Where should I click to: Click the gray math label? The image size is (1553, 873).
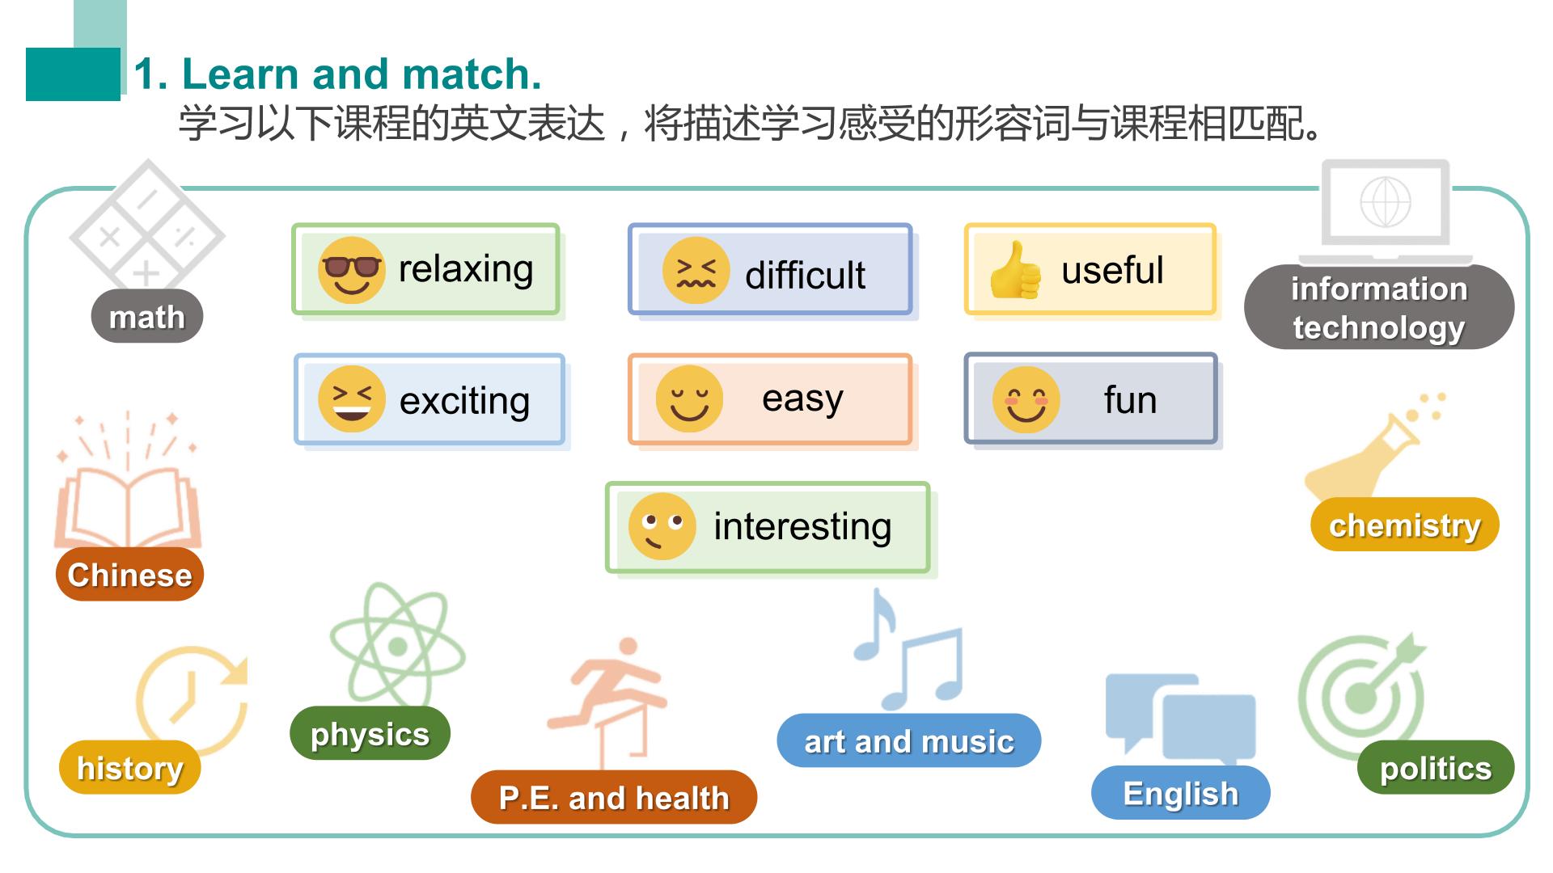pos(146,316)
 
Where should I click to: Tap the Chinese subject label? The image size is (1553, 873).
pos(129,575)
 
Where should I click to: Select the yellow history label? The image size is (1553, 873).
pos(129,767)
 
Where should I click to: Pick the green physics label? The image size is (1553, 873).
pos(370,733)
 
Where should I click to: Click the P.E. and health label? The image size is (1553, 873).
pos(614,797)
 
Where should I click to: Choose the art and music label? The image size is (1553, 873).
pos(909,740)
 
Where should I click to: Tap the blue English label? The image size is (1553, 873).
pos(1181,793)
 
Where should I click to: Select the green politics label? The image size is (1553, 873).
pos(1436,767)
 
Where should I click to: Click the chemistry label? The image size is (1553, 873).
pos(1405,525)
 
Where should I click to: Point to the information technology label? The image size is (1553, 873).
pos(1379,307)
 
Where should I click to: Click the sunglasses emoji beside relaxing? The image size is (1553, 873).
pos(351,270)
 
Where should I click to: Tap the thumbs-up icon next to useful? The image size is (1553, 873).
pos(1015,270)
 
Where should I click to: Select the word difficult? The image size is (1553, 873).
pos(805,275)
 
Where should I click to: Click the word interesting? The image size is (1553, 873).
pos(802,526)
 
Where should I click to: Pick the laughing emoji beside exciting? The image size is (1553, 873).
pos(351,399)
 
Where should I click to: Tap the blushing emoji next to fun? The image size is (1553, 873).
pos(1026,399)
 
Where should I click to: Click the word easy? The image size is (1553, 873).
pos(802,399)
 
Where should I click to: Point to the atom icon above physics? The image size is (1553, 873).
pos(398,645)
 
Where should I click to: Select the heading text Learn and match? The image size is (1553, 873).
pos(362,74)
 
